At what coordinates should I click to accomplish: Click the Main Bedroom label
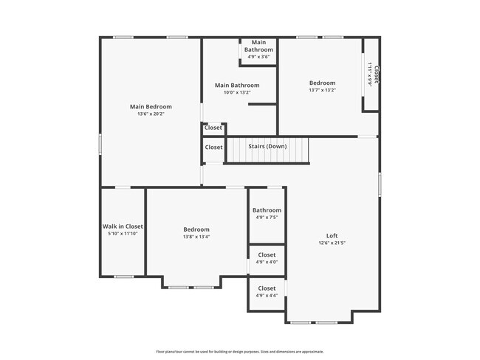[x=151, y=107]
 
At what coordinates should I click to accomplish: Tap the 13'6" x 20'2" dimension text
[x=151, y=114]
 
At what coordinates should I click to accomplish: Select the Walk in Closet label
[x=123, y=226]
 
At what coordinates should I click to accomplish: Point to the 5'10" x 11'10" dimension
[x=123, y=234]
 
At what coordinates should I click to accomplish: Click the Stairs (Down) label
[x=267, y=146]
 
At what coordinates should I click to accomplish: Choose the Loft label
[x=332, y=235]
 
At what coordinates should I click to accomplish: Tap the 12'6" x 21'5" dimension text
[x=332, y=243]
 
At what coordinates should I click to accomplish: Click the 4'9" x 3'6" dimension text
[x=258, y=57]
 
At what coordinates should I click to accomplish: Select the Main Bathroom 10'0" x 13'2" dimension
[x=237, y=93]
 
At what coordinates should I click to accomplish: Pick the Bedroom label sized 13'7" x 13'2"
[x=322, y=83]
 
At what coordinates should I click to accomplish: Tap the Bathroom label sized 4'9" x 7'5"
[x=267, y=210]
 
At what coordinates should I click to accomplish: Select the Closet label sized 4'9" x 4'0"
[x=267, y=255]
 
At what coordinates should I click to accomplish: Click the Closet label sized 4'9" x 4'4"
[x=267, y=288]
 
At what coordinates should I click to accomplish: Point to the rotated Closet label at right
[x=376, y=75]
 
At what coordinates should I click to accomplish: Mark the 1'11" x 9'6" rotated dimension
[x=369, y=75]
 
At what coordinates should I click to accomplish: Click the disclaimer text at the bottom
[x=240, y=352]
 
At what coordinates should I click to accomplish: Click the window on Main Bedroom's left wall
[x=101, y=143]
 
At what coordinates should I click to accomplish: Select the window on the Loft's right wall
[x=380, y=184]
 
